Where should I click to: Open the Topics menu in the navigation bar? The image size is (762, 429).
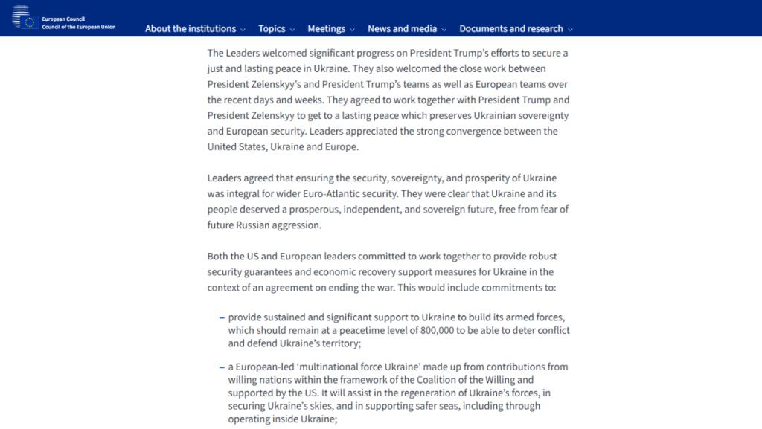(x=272, y=29)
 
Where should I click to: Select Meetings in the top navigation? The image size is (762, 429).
(x=326, y=29)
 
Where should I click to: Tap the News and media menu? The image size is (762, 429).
(x=402, y=29)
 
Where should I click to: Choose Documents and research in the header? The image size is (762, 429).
(x=510, y=29)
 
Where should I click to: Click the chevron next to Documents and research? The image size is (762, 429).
(x=570, y=30)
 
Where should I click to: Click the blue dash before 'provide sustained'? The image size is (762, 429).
(x=222, y=317)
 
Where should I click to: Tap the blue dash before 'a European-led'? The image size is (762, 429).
(x=222, y=367)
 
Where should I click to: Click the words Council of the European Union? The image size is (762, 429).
(x=78, y=27)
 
